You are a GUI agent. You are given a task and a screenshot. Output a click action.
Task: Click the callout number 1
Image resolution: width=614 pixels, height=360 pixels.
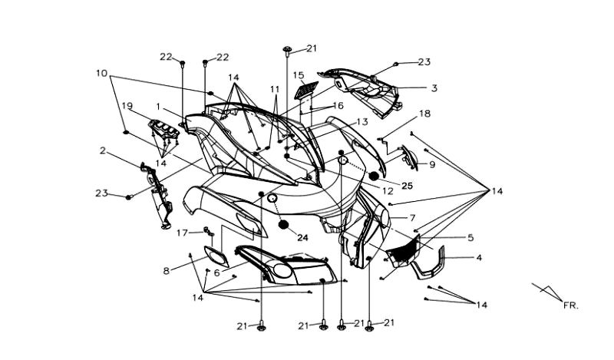tap(157, 106)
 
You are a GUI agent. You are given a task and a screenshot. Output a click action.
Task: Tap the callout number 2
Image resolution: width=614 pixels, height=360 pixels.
tap(103, 151)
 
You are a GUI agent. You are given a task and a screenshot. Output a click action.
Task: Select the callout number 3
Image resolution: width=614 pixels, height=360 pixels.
tap(434, 88)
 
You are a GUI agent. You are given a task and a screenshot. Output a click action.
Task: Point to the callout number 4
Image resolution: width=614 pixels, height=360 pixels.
tap(479, 258)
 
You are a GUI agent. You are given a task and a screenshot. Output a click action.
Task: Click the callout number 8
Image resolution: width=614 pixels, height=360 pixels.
tap(167, 270)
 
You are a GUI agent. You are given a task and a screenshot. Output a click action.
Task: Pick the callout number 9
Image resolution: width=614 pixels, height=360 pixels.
tap(432, 164)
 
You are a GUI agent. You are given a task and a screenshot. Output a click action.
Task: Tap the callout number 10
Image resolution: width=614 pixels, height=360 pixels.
tap(101, 73)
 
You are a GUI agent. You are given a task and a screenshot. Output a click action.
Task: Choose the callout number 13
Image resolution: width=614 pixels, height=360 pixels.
tap(361, 121)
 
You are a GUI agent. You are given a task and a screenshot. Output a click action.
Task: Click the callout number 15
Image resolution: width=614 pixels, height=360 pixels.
tap(299, 74)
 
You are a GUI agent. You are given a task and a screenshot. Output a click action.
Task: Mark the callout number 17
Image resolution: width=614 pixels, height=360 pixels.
tap(182, 232)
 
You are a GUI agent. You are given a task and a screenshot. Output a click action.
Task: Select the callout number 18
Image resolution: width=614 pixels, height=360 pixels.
tap(424, 114)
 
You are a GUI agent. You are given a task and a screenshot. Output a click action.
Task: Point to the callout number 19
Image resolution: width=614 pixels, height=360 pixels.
tap(127, 105)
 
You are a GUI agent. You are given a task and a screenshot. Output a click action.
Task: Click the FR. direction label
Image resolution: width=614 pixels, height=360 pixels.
tap(569, 306)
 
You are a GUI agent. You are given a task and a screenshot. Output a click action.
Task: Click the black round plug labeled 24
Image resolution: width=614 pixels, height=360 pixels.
tap(284, 224)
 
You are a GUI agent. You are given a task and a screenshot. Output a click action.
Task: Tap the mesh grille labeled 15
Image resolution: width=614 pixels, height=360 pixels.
tap(305, 90)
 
